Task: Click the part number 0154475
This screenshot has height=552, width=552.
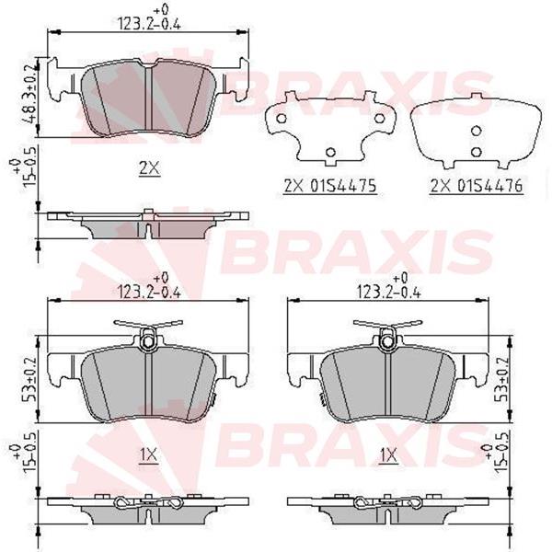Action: [x=343, y=186]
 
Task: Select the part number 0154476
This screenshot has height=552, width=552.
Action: [x=489, y=186]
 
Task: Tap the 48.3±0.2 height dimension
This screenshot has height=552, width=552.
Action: [x=31, y=94]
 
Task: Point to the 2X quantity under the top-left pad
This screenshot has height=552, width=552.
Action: [x=149, y=168]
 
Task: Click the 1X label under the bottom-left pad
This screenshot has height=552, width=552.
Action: [x=149, y=455]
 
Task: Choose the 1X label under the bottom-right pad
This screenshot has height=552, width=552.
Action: [x=388, y=455]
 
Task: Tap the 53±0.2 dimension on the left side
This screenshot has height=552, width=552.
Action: [x=31, y=379]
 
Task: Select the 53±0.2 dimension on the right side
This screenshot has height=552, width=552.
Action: [x=501, y=379]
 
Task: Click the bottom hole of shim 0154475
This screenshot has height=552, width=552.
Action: [x=330, y=153]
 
